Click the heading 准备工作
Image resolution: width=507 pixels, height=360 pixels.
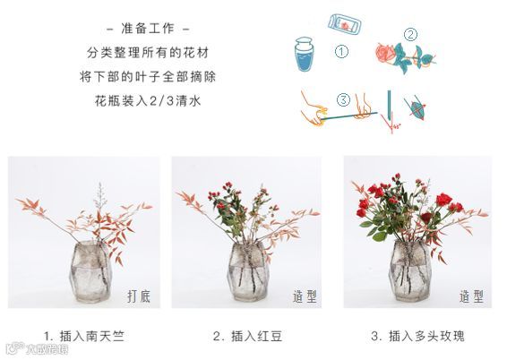pyautogui.click(x=148, y=29)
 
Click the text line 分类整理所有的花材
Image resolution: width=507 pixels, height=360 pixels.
pyautogui.click(x=148, y=53)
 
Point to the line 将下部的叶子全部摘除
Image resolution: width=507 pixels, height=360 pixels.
pyautogui.click(x=148, y=77)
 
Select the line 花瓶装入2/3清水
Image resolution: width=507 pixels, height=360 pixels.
pyautogui.click(x=148, y=101)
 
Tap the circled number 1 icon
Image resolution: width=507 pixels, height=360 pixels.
pyautogui.click(x=341, y=52)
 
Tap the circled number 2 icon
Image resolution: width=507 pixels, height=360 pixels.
pyautogui.click(x=410, y=35)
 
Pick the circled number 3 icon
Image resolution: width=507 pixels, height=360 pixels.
pyautogui.click(x=343, y=99)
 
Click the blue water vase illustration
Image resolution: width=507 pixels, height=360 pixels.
pyautogui.click(x=305, y=54)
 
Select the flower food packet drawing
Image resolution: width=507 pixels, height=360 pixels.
pyautogui.click(x=345, y=24)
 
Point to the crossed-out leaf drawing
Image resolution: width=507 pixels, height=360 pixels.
pyautogui.click(x=416, y=108)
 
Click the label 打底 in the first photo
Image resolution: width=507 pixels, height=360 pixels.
pyautogui.click(x=139, y=296)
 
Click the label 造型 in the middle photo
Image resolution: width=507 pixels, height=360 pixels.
pyautogui.click(x=305, y=296)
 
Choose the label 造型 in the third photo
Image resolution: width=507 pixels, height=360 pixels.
pyautogui.click(x=471, y=296)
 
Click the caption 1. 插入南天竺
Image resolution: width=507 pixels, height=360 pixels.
pyautogui.click(x=84, y=337)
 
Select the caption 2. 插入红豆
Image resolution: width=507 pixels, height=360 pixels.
pyautogui.click(x=247, y=337)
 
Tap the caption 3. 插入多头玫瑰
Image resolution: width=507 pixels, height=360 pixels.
pyautogui.click(x=417, y=337)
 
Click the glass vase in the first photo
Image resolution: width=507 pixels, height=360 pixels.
pyautogui.click(x=90, y=271)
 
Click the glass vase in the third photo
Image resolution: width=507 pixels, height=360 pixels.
pyautogui.click(x=410, y=270)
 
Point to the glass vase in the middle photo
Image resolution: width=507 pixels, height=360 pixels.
pyautogui.click(x=248, y=271)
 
